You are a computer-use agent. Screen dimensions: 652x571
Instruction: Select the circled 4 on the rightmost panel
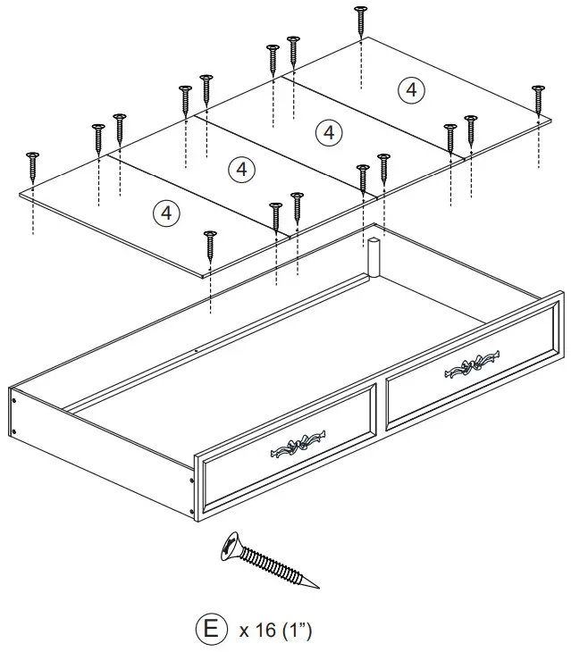(x=410, y=89)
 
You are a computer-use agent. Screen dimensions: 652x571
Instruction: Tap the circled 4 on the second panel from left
(x=241, y=169)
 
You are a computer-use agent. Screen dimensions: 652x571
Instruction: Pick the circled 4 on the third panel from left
(x=329, y=132)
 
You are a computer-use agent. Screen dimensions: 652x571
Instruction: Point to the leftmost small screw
(x=34, y=165)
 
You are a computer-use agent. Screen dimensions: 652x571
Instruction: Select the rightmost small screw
(x=538, y=99)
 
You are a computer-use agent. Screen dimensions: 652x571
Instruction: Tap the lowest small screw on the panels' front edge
(x=210, y=245)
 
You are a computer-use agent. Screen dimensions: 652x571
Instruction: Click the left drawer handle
(x=295, y=447)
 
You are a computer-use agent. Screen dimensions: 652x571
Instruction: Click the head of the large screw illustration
(x=231, y=544)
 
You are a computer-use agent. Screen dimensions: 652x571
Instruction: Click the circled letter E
(x=210, y=629)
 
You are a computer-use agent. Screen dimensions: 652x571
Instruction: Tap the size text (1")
(x=298, y=631)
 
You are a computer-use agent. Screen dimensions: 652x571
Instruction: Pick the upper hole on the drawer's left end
(x=14, y=401)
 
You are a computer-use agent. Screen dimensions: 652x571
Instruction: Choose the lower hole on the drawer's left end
(x=15, y=431)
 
